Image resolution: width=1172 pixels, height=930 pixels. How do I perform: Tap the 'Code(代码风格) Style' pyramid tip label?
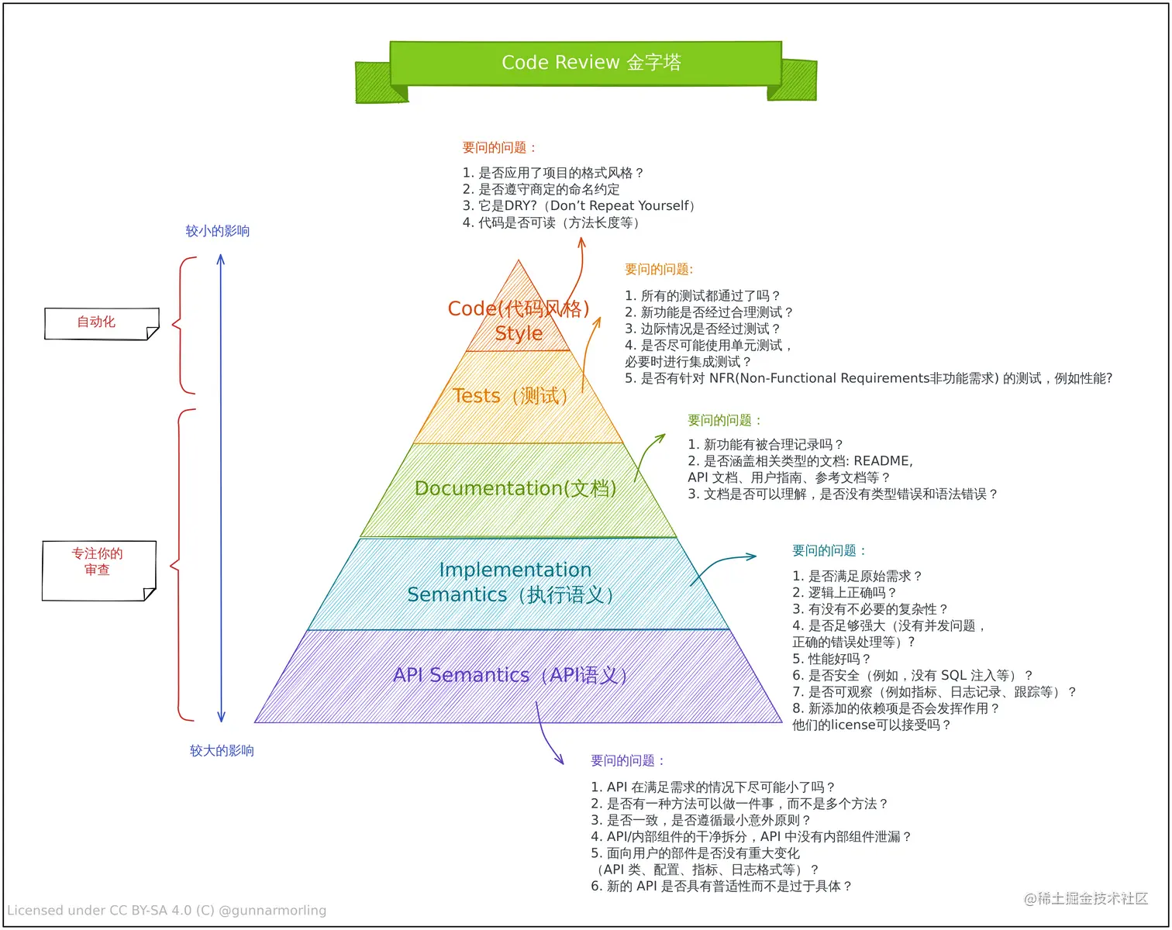tap(519, 320)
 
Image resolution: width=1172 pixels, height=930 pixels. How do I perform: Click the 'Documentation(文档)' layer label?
tap(515, 488)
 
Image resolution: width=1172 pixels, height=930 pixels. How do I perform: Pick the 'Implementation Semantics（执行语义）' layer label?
tap(514, 582)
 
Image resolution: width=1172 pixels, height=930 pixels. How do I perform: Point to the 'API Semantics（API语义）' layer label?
tap(512, 675)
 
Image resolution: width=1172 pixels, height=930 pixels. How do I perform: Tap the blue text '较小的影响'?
tap(218, 231)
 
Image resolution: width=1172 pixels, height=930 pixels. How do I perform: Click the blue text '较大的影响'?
tap(222, 750)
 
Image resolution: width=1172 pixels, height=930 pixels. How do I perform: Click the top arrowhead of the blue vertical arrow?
tap(221, 259)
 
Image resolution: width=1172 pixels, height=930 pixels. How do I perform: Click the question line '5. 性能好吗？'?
tap(831, 659)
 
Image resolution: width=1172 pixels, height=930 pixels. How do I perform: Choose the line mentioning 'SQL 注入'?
tap(912, 675)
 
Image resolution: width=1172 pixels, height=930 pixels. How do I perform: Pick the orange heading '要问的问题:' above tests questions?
tap(659, 269)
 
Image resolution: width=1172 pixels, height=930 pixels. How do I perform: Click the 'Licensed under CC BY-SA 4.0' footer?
tap(167, 910)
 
